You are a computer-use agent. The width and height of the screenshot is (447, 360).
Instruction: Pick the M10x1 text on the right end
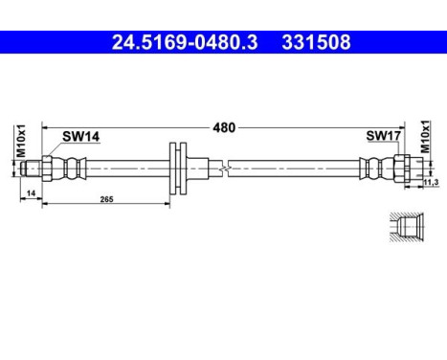pos(426,142)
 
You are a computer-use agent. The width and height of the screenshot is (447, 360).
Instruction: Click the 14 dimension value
pos(32,192)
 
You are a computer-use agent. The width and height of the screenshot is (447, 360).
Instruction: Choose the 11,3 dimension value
pos(430,181)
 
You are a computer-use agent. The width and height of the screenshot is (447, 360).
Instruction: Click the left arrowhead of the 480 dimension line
pos(45,126)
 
